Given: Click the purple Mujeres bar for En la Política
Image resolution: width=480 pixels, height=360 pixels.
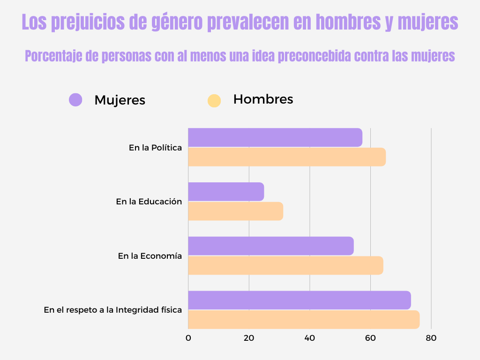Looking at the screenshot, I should pos(275,137).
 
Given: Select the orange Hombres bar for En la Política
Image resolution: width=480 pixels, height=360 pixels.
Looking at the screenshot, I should pos(287,157).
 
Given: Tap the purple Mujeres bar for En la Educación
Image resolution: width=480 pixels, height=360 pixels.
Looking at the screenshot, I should pos(226,192).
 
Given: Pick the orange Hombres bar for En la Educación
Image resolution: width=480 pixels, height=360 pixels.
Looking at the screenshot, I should pos(235,211).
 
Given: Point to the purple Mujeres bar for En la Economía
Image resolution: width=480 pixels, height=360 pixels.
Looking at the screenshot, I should pos(271,246).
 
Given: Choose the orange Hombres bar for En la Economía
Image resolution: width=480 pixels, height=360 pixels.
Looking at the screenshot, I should pos(285,265).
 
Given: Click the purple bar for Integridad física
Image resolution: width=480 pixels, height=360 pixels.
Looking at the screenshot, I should pos(300,300).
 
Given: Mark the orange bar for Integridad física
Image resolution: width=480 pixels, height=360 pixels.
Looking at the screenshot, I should pos(304,319).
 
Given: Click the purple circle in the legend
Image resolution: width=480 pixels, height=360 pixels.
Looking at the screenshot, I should pos(75,99).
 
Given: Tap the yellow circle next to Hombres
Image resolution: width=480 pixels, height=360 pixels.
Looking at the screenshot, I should pos(214,100).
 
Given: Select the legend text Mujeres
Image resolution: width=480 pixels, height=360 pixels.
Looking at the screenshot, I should pos(120,100).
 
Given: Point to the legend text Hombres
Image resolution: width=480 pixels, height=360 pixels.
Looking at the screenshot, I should pos(263,99).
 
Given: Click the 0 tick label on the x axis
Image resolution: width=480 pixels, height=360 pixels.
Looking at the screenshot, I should pos(188,337).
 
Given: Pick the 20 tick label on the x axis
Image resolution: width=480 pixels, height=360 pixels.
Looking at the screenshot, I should pos(249,337).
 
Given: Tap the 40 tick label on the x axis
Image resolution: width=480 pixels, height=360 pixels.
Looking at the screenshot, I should pos(309,337).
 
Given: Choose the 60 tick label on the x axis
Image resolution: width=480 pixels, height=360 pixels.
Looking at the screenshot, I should pos(370,337).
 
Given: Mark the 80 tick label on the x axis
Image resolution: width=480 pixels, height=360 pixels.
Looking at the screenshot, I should pos(431,337).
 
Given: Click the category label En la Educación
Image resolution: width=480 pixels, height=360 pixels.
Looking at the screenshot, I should pos(149,202).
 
